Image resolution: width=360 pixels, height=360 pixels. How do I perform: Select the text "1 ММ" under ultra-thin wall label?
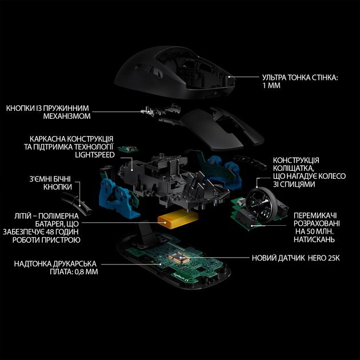click(x=271, y=85)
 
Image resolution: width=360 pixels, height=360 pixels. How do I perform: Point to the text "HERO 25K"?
click(x=320, y=258)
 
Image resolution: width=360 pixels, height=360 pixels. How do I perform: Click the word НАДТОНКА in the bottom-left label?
click(x=38, y=264)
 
